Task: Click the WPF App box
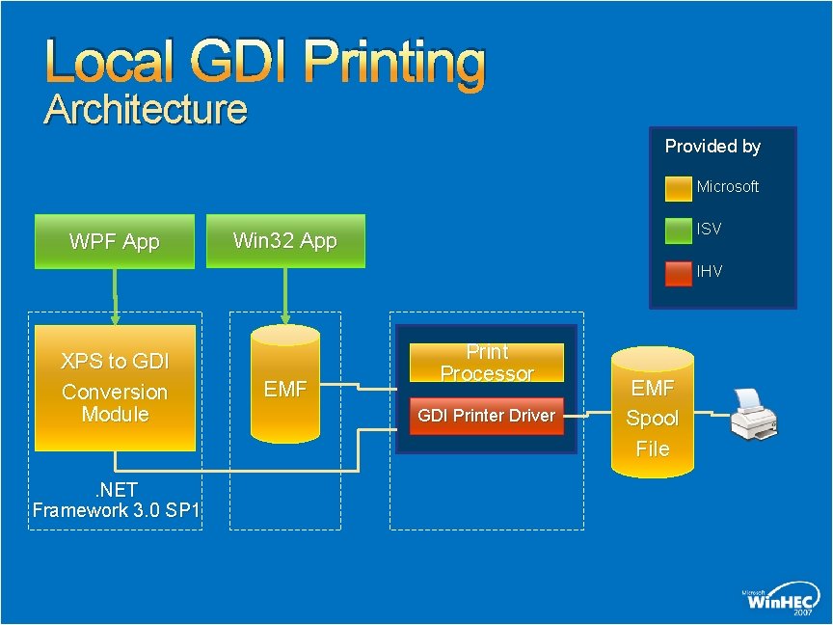115,241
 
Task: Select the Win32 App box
286,241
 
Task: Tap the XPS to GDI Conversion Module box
115,388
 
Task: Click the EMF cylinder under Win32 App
284,389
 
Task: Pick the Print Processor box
487,363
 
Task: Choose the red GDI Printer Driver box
487,416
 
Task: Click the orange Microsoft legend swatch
679,187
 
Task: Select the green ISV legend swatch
679,230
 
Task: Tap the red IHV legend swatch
679,272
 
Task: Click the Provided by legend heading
712,147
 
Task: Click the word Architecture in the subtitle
146,109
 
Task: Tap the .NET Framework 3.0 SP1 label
116,501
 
